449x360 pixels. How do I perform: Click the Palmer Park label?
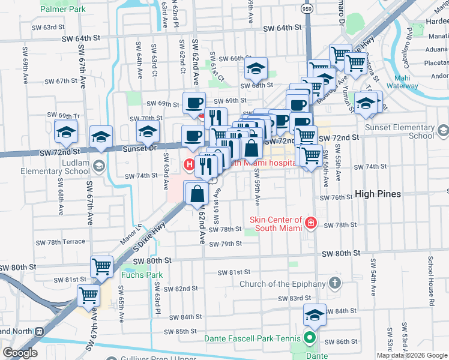point(63,10)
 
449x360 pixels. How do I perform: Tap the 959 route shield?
point(306,10)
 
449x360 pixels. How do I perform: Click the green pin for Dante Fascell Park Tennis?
point(310,337)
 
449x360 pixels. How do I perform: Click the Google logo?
point(20,353)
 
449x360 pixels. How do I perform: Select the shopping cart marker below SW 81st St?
point(88,296)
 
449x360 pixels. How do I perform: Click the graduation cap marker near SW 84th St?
point(315,314)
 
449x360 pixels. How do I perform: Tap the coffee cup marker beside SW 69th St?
point(194,103)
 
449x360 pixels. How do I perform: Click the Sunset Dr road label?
point(139,148)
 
